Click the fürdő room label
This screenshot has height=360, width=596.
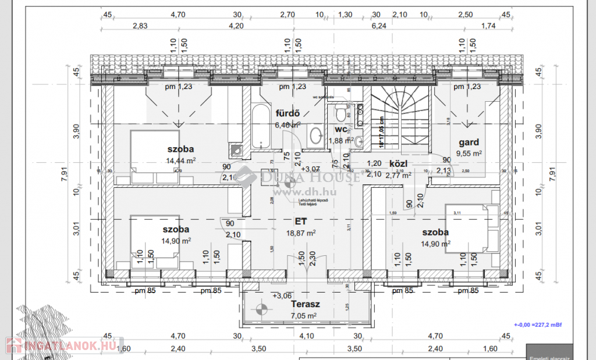point(288,114)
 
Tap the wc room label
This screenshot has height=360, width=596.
point(341,129)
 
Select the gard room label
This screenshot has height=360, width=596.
point(469,142)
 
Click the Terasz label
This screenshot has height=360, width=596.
point(306,304)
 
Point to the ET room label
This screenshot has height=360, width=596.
point(301,221)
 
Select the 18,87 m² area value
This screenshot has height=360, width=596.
point(301,233)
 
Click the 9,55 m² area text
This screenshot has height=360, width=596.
point(469,154)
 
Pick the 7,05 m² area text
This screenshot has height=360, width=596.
point(304,316)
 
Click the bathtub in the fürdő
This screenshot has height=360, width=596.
point(261,126)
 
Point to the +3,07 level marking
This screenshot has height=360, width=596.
point(311,169)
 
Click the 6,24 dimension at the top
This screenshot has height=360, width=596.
point(378,26)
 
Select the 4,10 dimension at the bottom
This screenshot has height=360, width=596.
point(306,336)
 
